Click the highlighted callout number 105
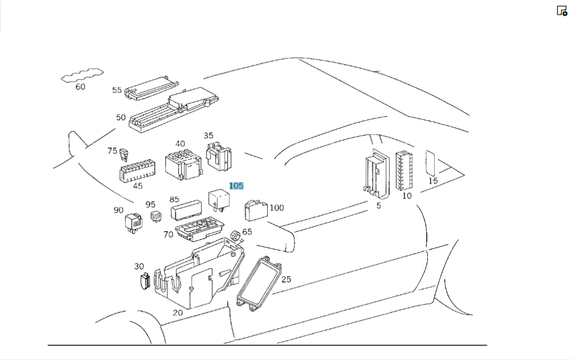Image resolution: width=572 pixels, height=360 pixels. [x=236, y=186]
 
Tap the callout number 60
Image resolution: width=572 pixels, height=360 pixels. [x=80, y=87]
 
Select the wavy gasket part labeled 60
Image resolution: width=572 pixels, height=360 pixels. [x=84, y=76]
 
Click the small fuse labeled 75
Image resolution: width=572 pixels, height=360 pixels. [x=124, y=153]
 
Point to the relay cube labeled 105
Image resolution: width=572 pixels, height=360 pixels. [x=219, y=198]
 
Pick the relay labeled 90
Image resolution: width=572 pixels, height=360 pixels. [x=135, y=223]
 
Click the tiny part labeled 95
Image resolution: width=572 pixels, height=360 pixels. [x=155, y=217]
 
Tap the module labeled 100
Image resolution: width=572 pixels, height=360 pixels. [x=255, y=210]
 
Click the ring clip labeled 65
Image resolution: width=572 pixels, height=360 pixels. [x=235, y=237]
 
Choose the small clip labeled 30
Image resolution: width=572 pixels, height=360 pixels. [x=145, y=280]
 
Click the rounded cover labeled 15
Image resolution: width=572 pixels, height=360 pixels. [x=431, y=163]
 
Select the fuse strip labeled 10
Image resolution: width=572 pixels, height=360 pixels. [x=404, y=170]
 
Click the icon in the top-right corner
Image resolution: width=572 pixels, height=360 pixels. [x=562, y=11]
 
